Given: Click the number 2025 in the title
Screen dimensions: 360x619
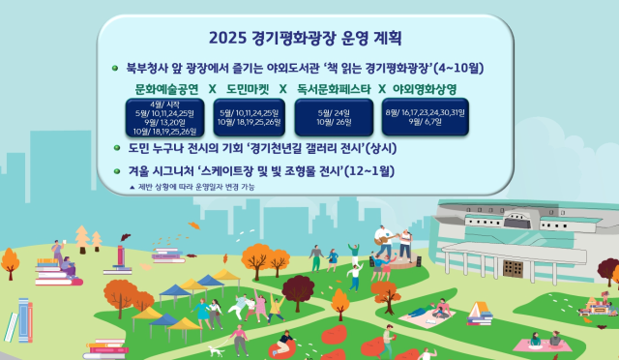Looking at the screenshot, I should click(x=229, y=39).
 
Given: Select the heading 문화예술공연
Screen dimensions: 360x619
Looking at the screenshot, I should click(x=168, y=89).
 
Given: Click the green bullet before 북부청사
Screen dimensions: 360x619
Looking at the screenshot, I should click(x=117, y=68).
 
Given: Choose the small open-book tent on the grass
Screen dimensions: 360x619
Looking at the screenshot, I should click(x=480, y=311).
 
